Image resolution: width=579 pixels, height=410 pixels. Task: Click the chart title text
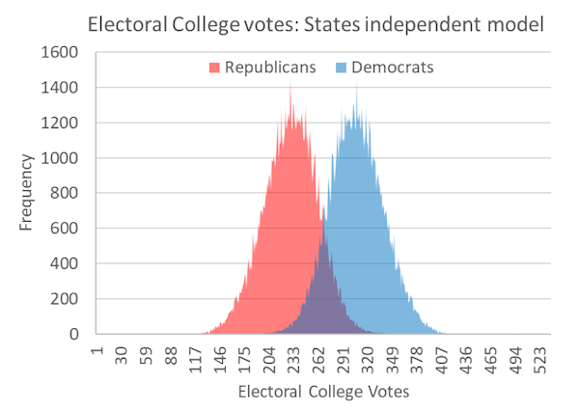[x=315, y=22]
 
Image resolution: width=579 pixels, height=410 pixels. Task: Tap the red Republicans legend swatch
[x=215, y=68]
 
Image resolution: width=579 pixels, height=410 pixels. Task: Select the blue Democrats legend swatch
[x=341, y=68]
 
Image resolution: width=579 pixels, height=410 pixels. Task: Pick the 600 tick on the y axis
[x=68, y=229]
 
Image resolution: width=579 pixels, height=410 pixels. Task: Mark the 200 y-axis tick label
[x=68, y=299]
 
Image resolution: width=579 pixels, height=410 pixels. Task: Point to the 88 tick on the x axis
[x=170, y=355]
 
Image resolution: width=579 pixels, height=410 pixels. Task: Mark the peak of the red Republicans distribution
[x=290, y=85]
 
